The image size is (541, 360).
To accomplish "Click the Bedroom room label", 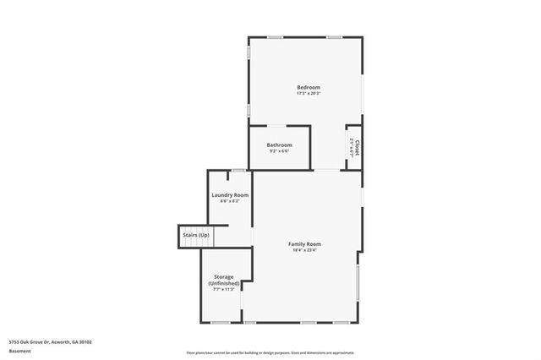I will pyautogui.click(x=308, y=88).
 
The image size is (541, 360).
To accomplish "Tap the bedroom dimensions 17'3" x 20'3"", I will pyautogui.click(x=308, y=94).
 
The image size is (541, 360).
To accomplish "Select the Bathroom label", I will pyautogui.click(x=279, y=145).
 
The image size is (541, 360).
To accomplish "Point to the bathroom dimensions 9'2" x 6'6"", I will pyautogui.click(x=279, y=151).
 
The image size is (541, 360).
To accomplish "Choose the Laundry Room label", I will pyautogui.click(x=230, y=195).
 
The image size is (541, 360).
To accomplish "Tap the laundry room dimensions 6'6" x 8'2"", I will pyautogui.click(x=230, y=201).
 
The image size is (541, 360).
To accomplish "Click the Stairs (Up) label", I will pyautogui.click(x=195, y=234).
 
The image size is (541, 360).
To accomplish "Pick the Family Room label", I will pyautogui.click(x=304, y=244).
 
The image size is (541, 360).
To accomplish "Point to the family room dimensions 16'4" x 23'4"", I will pyautogui.click(x=304, y=250).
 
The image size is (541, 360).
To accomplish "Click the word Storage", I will pyautogui.click(x=223, y=276).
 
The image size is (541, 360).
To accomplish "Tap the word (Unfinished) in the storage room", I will pyautogui.click(x=223, y=283).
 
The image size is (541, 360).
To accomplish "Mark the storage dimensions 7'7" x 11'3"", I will pyautogui.click(x=223, y=290).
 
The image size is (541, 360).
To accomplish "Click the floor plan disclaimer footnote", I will pyautogui.click(x=270, y=353).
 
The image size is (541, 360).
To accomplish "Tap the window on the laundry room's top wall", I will pyautogui.click(x=239, y=171).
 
